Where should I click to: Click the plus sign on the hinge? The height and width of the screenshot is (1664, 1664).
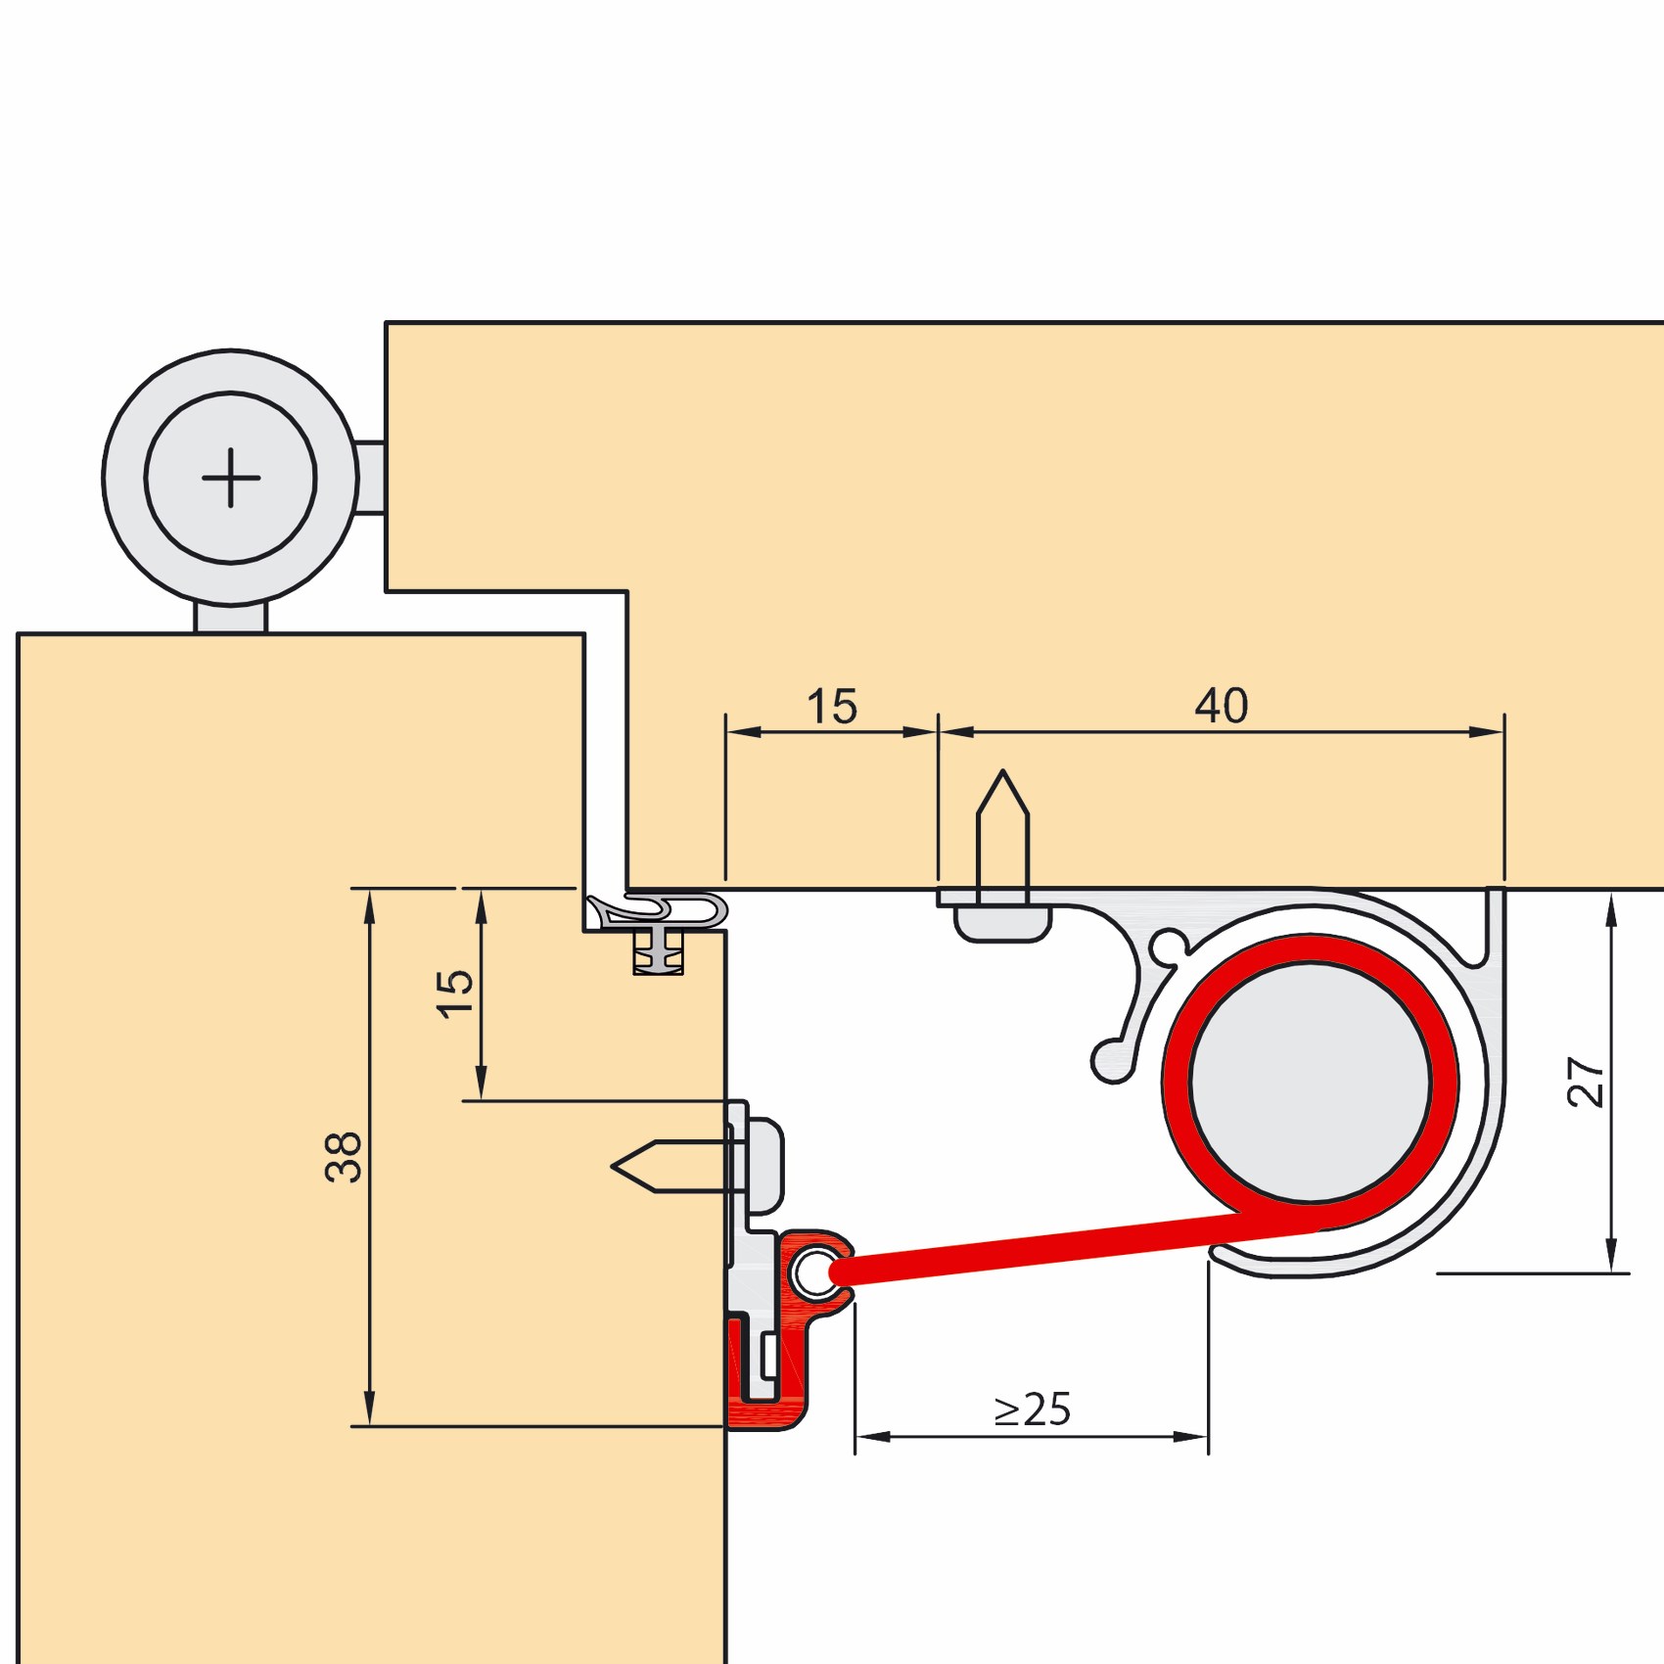(231, 478)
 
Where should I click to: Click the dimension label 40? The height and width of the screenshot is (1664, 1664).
(1222, 706)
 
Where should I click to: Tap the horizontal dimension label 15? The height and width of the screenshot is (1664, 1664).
(832, 707)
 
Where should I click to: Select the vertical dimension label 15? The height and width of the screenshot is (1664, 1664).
(454, 994)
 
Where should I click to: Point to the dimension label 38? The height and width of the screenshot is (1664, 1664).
(344, 1157)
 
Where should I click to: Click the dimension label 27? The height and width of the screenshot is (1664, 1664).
(1586, 1082)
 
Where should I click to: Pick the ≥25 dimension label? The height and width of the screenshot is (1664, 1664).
(1033, 1410)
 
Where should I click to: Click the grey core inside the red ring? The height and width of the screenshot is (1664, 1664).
(1311, 1082)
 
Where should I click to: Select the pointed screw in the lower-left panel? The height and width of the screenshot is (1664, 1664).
(671, 1166)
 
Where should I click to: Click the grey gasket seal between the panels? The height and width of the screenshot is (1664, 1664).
(658, 912)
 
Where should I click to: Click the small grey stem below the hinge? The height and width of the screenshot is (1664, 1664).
(231, 618)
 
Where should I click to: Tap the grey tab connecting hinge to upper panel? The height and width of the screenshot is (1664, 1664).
(370, 478)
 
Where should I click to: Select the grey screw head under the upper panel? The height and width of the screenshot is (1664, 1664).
(1002, 922)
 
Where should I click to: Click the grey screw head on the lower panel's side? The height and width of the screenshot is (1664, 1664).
(765, 1166)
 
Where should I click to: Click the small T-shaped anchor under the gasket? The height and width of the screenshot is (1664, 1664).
(658, 951)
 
